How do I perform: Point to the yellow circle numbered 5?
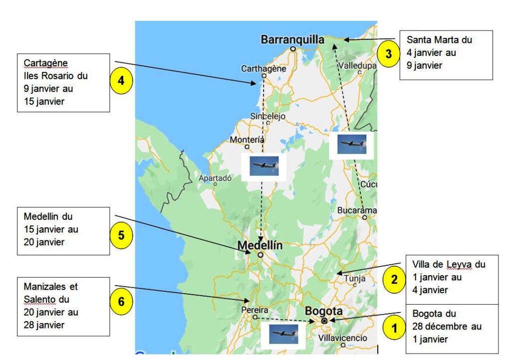pos(121,236)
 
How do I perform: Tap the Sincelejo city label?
pos(267,116)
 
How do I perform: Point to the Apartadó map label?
pos(215,178)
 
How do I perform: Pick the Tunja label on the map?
pos(355,279)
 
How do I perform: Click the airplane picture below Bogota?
pos(280,334)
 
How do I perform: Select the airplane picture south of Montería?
pos(263,166)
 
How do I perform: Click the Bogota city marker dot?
pos(324,321)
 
